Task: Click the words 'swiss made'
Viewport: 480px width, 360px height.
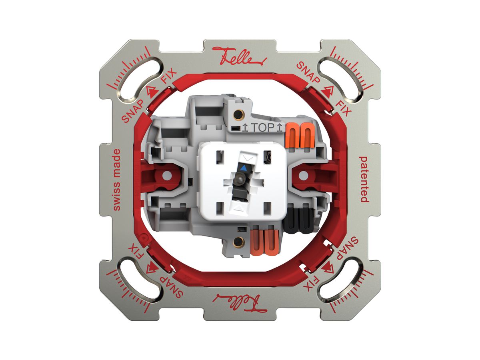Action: click(117, 180)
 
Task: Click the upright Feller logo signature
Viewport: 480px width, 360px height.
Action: click(240, 56)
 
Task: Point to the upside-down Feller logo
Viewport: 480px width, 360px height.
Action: click(240, 303)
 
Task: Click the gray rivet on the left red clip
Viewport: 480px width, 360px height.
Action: click(167, 175)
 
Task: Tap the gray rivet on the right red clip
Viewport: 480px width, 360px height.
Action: click(303, 175)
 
